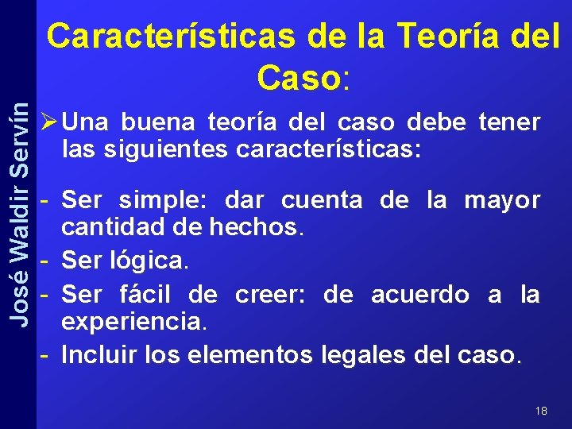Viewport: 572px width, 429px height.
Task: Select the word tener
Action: click(x=509, y=122)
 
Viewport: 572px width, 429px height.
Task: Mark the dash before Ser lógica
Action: click(x=47, y=260)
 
